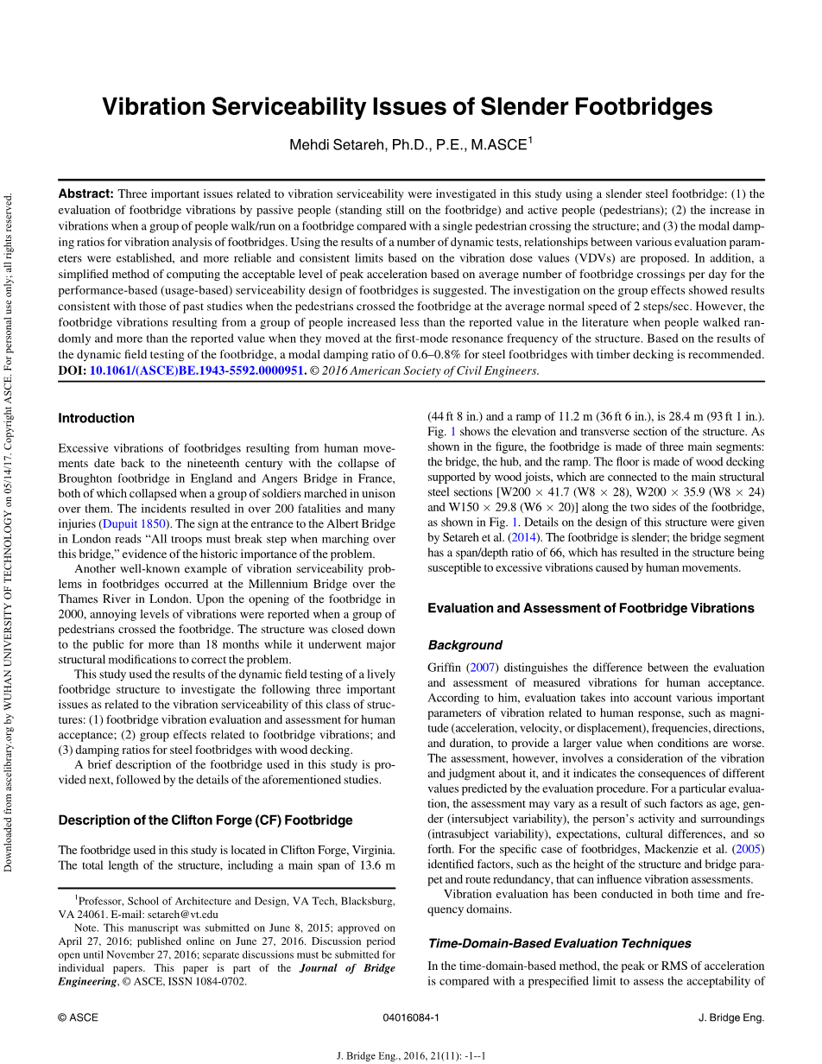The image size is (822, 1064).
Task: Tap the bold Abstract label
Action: [x=85, y=193]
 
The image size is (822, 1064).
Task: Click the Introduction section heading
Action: [x=96, y=418]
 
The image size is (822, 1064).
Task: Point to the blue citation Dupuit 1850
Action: [x=134, y=523]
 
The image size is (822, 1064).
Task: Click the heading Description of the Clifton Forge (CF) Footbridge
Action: [x=205, y=820]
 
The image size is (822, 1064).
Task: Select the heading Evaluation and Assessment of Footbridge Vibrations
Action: [x=591, y=608]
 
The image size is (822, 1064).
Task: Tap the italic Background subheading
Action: [x=465, y=645]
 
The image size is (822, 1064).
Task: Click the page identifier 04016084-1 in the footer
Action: [x=411, y=1017]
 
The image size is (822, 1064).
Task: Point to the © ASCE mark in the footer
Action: [x=78, y=1017]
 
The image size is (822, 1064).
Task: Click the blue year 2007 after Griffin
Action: [x=480, y=668]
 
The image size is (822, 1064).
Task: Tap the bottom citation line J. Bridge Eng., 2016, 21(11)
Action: [x=411, y=1055]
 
